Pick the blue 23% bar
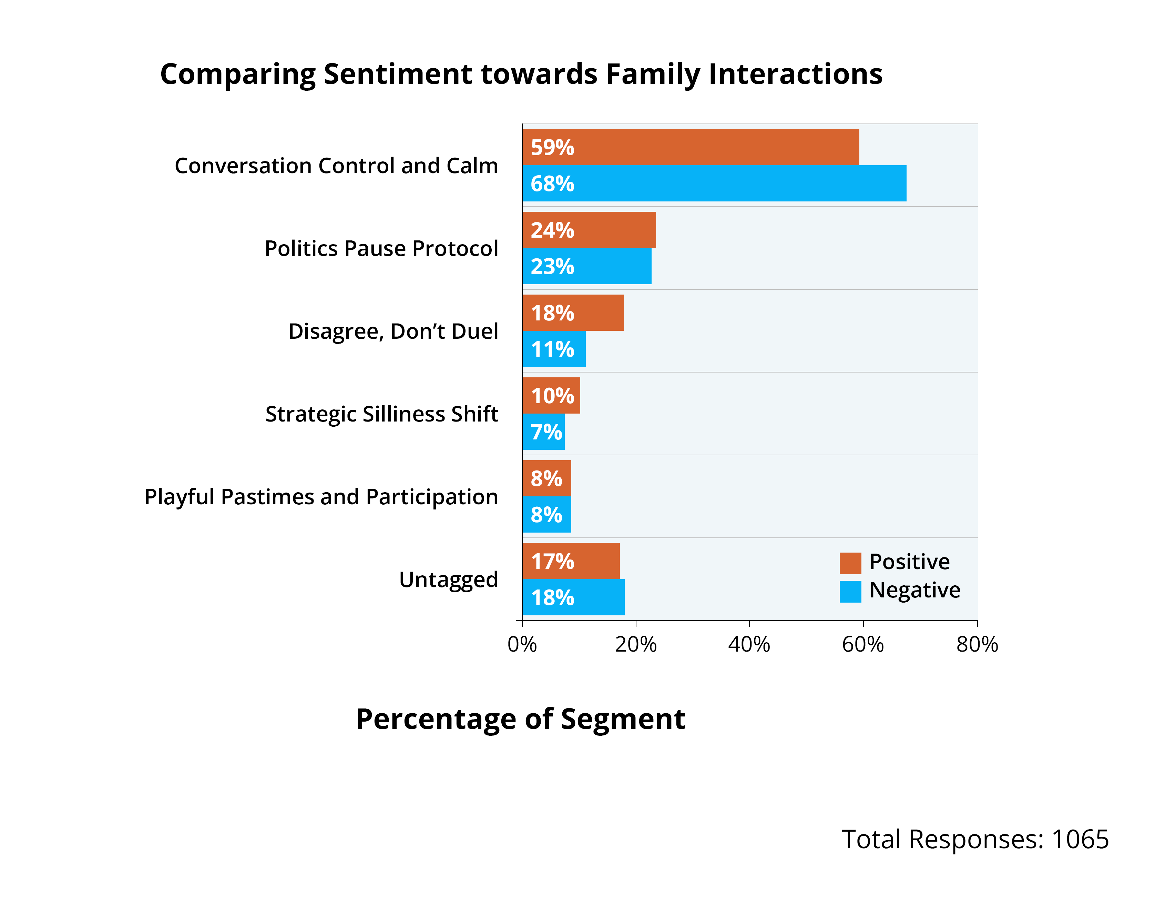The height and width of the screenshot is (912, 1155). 587,266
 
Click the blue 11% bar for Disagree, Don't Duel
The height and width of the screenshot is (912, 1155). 554,349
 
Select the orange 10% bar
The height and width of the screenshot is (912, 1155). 551,396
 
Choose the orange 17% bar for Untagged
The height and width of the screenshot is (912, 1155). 571,561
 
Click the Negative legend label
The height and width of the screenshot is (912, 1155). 914,590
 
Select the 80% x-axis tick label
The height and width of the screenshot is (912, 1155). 977,644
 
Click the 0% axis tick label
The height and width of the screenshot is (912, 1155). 522,644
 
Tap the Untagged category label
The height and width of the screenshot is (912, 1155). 448,580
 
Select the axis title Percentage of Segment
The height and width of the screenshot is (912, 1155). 520,719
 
